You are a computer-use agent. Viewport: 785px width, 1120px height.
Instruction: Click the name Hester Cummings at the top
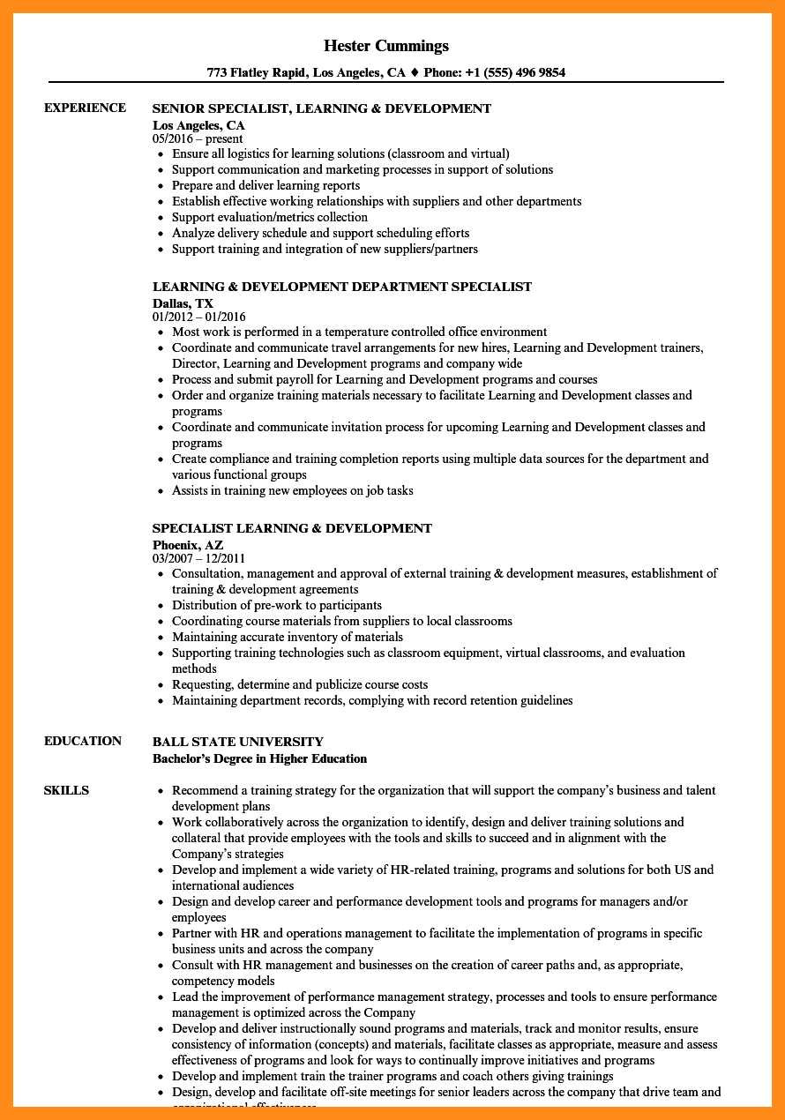pos(386,46)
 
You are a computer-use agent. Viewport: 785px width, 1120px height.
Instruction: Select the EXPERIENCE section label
pos(85,108)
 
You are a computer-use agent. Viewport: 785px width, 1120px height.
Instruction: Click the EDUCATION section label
pos(83,741)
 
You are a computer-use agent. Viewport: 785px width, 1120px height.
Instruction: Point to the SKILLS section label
pos(66,790)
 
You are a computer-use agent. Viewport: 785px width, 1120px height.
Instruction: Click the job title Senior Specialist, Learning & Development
pos(322,108)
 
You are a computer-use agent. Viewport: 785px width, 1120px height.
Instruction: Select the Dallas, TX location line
pos(183,303)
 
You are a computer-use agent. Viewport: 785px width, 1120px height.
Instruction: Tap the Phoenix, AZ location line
pos(188,545)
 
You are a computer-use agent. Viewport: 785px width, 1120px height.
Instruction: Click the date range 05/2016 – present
pos(198,138)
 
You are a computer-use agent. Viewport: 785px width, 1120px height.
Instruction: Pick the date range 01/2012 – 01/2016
pos(199,317)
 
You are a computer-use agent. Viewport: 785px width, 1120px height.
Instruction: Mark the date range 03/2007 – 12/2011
pos(199,558)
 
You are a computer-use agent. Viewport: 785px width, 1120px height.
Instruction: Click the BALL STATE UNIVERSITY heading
pos(238,742)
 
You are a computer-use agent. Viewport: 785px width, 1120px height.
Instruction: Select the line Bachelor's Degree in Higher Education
pos(259,758)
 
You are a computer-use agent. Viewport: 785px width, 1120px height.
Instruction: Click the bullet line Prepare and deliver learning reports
pos(265,185)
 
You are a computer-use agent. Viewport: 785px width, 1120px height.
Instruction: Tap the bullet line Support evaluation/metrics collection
pos(270,217)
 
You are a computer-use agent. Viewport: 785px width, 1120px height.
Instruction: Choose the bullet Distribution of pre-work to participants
pos(277,605)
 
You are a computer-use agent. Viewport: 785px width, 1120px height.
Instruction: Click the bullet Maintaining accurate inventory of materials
pos(288,637)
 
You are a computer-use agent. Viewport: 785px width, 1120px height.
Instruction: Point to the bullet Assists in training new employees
pos(293,490)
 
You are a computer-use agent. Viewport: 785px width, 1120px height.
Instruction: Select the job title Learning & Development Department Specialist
pos(342,287)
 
